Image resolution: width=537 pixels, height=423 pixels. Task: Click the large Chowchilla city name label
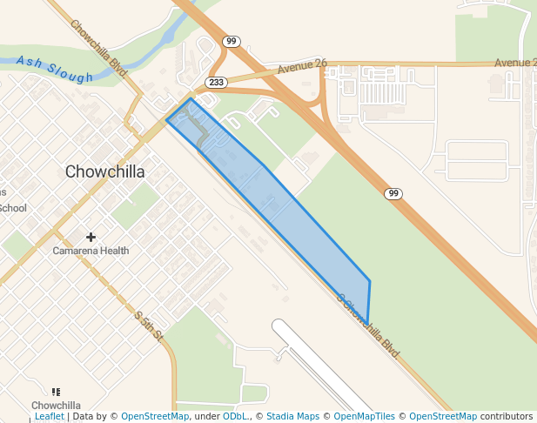pos(104,171)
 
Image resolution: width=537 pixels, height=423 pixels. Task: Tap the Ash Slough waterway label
pos(54,70)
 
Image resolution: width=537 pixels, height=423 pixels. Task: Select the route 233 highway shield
pos(216,82)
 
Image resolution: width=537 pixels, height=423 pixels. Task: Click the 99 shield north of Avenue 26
pos(230,41)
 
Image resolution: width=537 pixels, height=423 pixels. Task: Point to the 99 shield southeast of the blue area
pos(394,193)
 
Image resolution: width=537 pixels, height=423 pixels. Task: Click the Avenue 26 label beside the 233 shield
pos(302,67)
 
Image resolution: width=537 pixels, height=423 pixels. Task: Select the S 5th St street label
pos(149,326)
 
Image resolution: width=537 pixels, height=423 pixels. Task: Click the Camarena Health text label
pos(91,251)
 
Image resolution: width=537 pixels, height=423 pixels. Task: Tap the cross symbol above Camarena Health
pos(91,237)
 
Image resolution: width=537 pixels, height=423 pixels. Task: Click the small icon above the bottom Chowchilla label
pos(57,393)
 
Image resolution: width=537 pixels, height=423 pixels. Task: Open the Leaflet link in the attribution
pos(49,417)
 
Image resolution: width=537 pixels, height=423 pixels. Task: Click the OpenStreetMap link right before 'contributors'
pos(443,417)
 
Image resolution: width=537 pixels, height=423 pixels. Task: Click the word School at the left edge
pos(13,208)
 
